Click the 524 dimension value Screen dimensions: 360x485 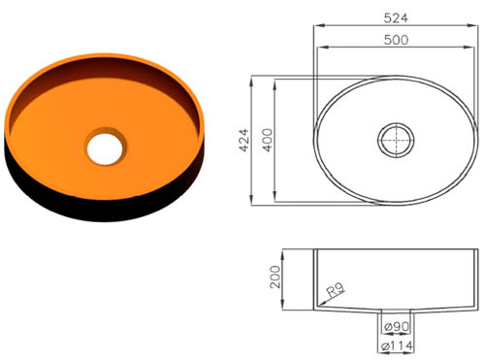[x=395, y=16]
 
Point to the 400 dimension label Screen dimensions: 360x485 [x=268, y=141]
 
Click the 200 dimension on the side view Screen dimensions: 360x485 [x=275, y=278]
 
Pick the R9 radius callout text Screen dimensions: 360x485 [x=337, y=289]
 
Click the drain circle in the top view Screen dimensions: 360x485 [x=395, y=139]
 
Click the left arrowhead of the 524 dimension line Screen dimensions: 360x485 [x=314, y=25]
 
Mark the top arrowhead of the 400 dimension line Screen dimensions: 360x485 [x=279, y=82]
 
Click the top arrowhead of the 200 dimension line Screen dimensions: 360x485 [x=286, y=252]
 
